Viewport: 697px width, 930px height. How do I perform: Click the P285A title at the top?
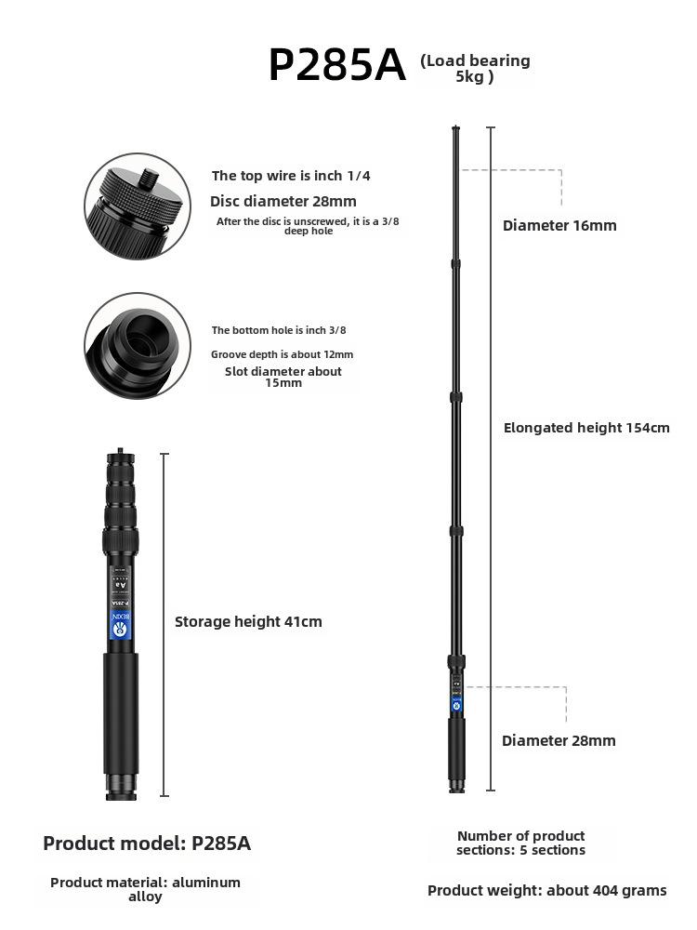336,66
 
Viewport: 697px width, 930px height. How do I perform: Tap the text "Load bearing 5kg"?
475,68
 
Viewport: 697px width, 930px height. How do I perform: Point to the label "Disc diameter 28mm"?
283,201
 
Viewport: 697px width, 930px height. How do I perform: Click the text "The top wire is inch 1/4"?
291,176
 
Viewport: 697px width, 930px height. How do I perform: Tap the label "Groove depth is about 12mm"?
282,354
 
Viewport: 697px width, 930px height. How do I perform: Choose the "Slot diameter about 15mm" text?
283,377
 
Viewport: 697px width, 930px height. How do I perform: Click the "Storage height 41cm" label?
248,621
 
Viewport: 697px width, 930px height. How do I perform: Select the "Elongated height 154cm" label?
586,428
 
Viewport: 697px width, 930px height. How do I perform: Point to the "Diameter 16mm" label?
559,225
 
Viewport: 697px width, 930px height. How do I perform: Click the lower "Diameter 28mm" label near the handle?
559,740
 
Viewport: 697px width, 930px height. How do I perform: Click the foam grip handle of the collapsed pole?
121,711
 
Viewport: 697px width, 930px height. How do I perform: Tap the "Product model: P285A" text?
147,844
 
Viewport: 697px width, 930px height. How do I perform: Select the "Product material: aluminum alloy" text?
145,889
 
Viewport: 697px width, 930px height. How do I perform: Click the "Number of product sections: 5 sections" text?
520,843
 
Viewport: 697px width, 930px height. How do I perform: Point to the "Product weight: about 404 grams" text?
546,890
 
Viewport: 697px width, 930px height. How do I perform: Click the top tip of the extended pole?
455,128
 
